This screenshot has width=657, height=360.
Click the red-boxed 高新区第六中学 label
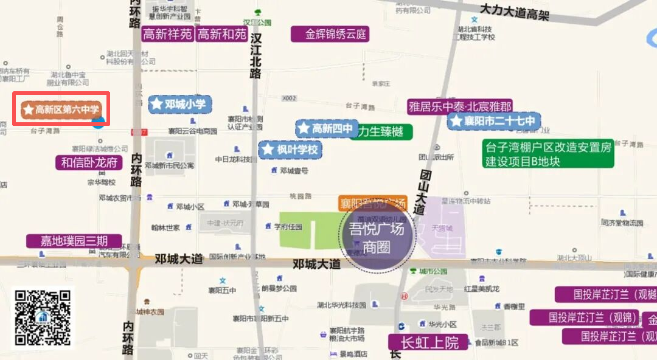pos(61,109)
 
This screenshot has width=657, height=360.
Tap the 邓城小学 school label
pos(179,104)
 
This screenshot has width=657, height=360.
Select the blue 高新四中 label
pos(325,128)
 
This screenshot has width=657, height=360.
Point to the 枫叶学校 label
pos(290,149)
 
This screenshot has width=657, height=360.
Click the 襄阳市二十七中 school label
pos(494,121)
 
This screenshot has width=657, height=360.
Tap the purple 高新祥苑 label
pos(167,34)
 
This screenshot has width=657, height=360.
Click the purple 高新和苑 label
pos(222,34)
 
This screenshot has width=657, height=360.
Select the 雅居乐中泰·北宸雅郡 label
pos(461,106)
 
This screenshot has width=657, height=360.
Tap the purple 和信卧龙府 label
pos(89,163)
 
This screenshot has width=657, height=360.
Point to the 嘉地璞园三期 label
pos(74,241)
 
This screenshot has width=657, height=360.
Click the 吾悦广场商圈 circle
pos(377,238)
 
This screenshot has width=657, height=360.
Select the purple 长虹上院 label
pos(428,342)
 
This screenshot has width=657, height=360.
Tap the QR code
pos(43,318)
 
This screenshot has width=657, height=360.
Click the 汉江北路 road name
pos(256,55)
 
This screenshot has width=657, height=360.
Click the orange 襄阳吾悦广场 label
pos(372,202)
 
